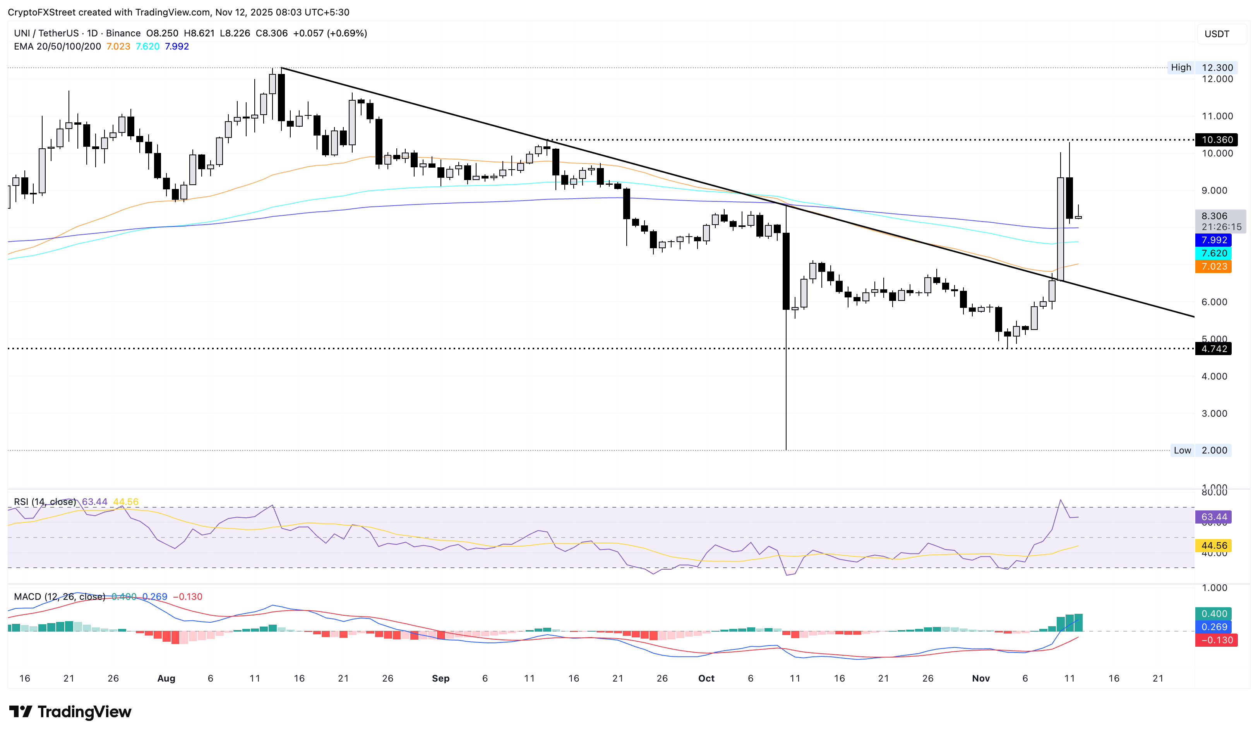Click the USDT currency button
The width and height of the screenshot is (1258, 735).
[x=1217, y=34]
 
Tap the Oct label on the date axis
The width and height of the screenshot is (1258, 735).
[x=706, y=678]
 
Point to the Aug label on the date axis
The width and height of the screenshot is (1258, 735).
[x=166, y=678]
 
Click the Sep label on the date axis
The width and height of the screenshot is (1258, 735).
[x=440, y=678]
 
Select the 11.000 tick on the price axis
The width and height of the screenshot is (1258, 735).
[x=1217, y=116]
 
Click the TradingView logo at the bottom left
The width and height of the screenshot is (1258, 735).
[x=70, y=711]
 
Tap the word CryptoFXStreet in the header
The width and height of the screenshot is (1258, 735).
[x=42, y=12]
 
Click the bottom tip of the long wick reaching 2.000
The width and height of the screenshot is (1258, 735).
[x=786, y=449]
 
